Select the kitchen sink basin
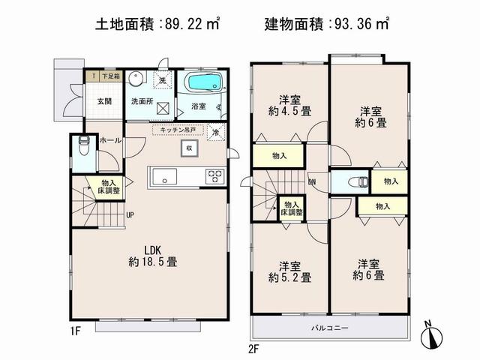coord(165,177)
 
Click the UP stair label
coord(130,215)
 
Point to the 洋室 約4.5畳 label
coord(291,105)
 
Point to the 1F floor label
coord(76,328)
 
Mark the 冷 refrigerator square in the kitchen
coord(216,133)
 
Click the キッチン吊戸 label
coord(178,130)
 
